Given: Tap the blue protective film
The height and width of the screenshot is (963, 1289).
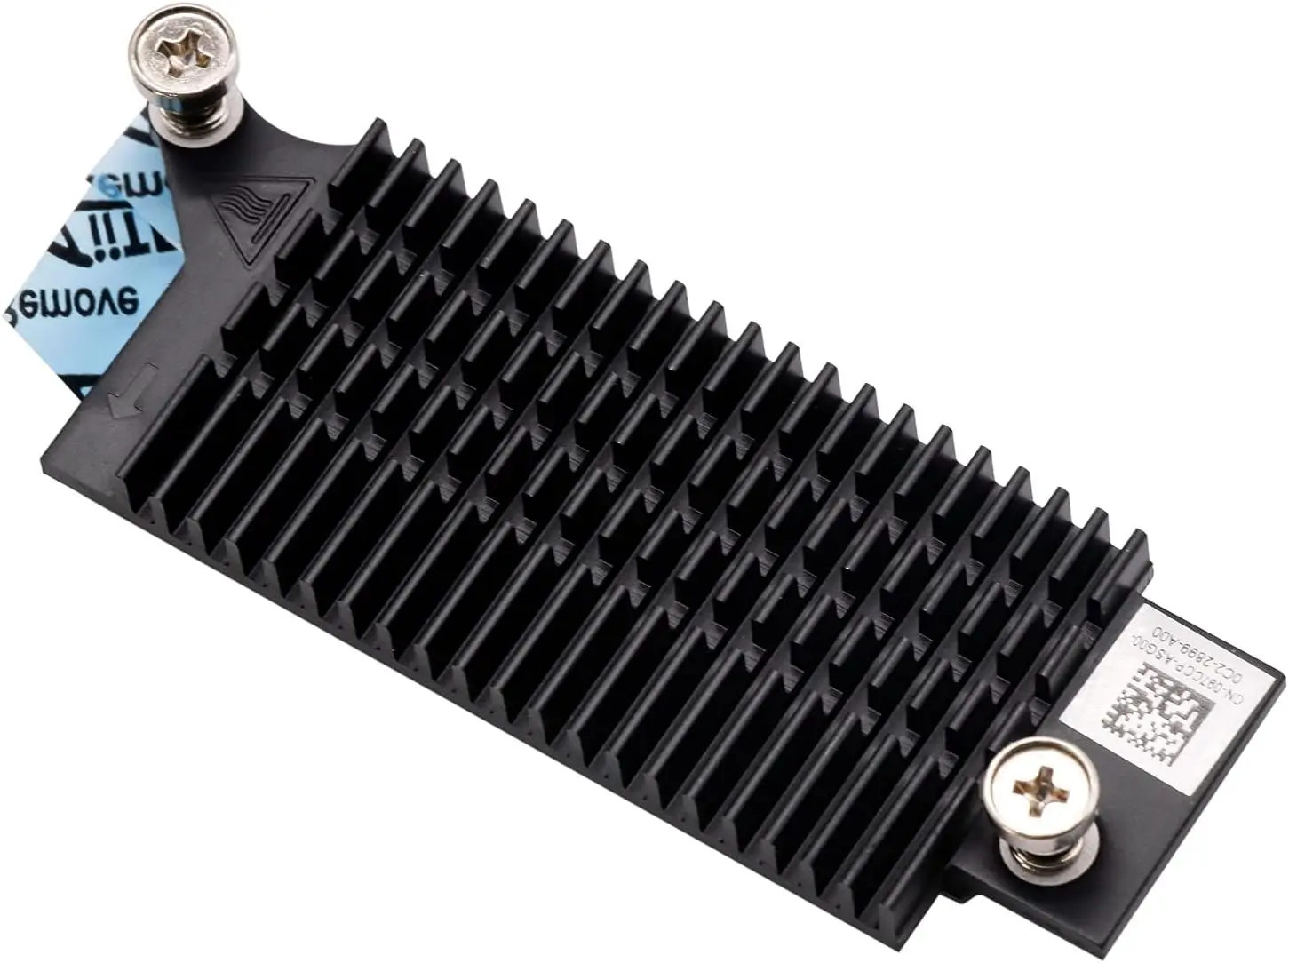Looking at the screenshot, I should point(98,258).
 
